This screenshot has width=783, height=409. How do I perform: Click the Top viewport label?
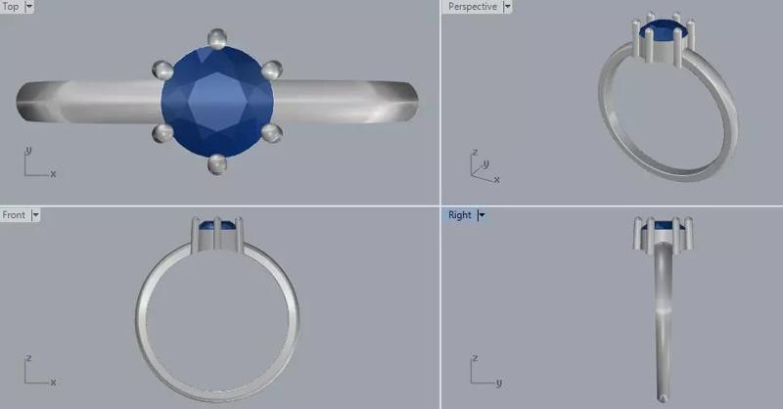click(x=11, y=7)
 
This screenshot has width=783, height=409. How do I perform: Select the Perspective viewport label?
click(x=473, y=7)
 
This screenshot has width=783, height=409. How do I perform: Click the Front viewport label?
click(x=14, y=214)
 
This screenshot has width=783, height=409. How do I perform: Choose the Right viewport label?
click(x=459, y=214)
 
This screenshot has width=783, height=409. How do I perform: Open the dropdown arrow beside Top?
click(x=29, y=7)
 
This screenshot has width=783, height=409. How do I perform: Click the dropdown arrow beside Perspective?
click(x=507, y=7)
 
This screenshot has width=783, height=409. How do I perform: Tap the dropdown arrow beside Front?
click(x=35, y=215)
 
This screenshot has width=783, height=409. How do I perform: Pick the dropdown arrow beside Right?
click(x=481, y=215)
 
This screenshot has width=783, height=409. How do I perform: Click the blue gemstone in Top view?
click(x=217, y=102)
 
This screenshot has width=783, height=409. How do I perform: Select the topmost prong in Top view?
click(x=217, y=38)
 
